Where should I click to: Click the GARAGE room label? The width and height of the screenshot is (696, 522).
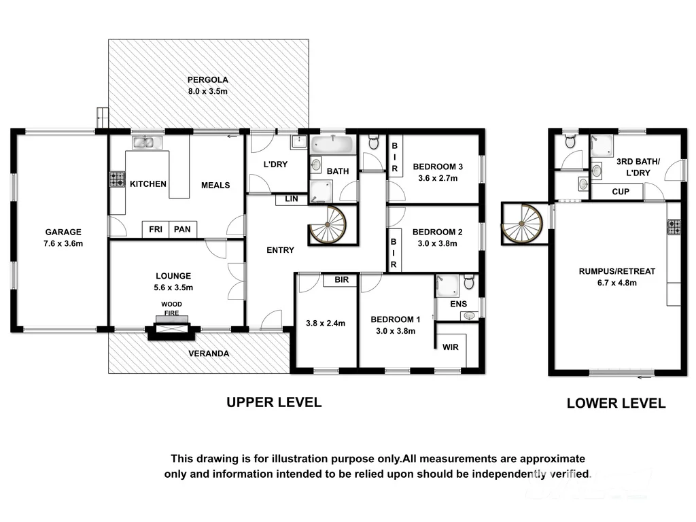63,231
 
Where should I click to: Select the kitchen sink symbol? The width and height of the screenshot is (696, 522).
147,142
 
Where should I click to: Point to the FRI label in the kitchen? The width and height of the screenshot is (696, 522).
156,230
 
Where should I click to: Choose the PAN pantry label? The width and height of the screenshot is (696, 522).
182,230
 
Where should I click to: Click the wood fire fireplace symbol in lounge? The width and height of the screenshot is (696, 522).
171,330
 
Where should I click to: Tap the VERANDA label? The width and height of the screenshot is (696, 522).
209,353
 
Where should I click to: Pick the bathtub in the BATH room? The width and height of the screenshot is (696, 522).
332,145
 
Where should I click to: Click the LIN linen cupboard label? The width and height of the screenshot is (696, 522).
292,199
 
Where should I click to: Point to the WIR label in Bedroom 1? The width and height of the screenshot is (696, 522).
450,347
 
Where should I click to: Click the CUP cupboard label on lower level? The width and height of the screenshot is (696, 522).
621,192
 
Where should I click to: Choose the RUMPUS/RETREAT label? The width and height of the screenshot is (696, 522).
617,271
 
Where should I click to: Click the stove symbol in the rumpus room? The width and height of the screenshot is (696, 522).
674,226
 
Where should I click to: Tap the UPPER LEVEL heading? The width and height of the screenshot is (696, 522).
274,402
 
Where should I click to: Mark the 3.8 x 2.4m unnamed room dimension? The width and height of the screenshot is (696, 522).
325,324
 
